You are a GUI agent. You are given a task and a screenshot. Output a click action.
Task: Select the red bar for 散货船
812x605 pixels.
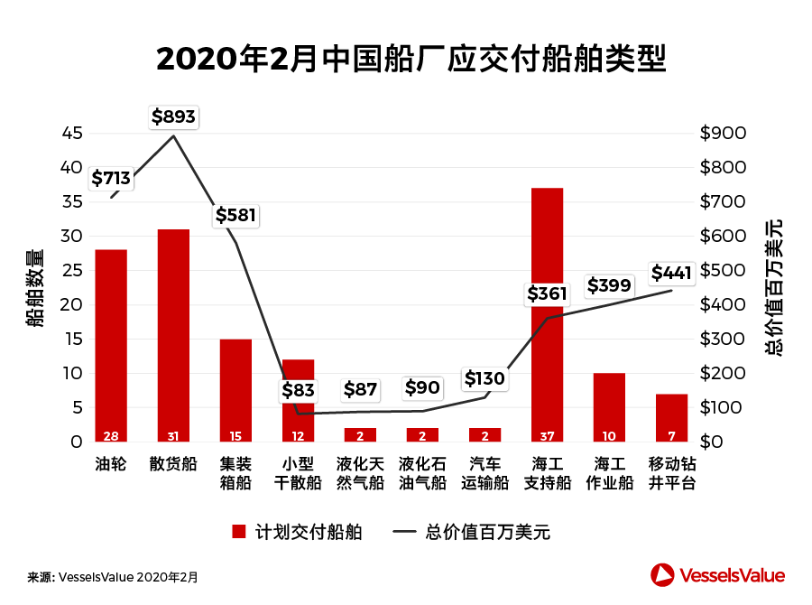pos(173,335)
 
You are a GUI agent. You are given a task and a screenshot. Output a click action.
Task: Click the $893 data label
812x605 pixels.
pos(173,116)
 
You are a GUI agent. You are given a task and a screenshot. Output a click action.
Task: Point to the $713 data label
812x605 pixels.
pos(111,178)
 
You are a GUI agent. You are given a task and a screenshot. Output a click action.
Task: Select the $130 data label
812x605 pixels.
pos(484,378)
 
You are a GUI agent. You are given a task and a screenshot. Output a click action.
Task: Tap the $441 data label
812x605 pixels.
pos(671,273)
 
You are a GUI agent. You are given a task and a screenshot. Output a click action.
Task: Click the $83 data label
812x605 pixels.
pos(298,391)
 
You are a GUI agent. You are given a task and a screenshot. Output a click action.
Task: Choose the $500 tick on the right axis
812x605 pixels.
pos(723,271)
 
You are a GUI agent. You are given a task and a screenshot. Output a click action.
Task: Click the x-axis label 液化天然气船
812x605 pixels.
pos(360,473)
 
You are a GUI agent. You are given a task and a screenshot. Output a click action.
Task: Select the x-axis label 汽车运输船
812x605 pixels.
pos(484,473)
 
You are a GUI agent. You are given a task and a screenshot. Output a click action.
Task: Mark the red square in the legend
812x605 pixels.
pos(239,532)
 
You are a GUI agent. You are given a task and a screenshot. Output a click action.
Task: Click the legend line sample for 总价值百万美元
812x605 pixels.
pos(403,532)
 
